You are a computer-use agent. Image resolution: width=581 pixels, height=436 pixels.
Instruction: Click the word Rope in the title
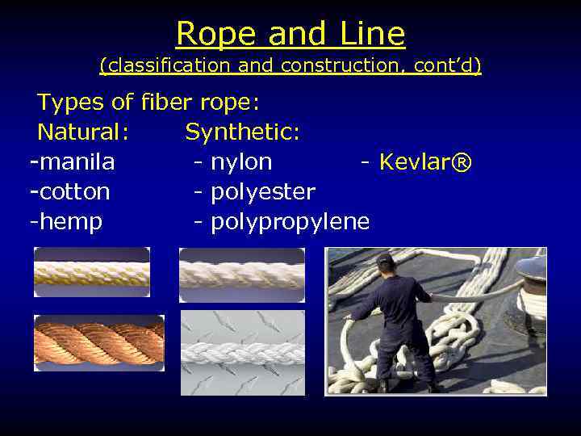coord(207,34)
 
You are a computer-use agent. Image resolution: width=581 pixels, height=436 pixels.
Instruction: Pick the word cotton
coord(73,192)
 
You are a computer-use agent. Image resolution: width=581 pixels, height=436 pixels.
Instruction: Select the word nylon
coord(241,162)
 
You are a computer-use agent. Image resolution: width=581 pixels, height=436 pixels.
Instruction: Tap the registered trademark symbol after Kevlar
coord(461,162)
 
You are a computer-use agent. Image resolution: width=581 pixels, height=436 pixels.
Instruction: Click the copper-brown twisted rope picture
coord(99,343)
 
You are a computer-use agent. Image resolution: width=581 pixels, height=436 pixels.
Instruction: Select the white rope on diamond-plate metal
coord(242,353)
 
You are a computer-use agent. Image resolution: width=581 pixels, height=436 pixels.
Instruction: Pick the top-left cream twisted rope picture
coord(92,273)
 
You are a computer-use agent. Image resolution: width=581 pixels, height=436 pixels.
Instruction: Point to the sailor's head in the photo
coord(385,262)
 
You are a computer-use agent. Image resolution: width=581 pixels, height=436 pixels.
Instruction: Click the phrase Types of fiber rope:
coord(148,103)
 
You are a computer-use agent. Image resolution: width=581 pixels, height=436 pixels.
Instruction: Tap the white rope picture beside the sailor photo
coord(242,274)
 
